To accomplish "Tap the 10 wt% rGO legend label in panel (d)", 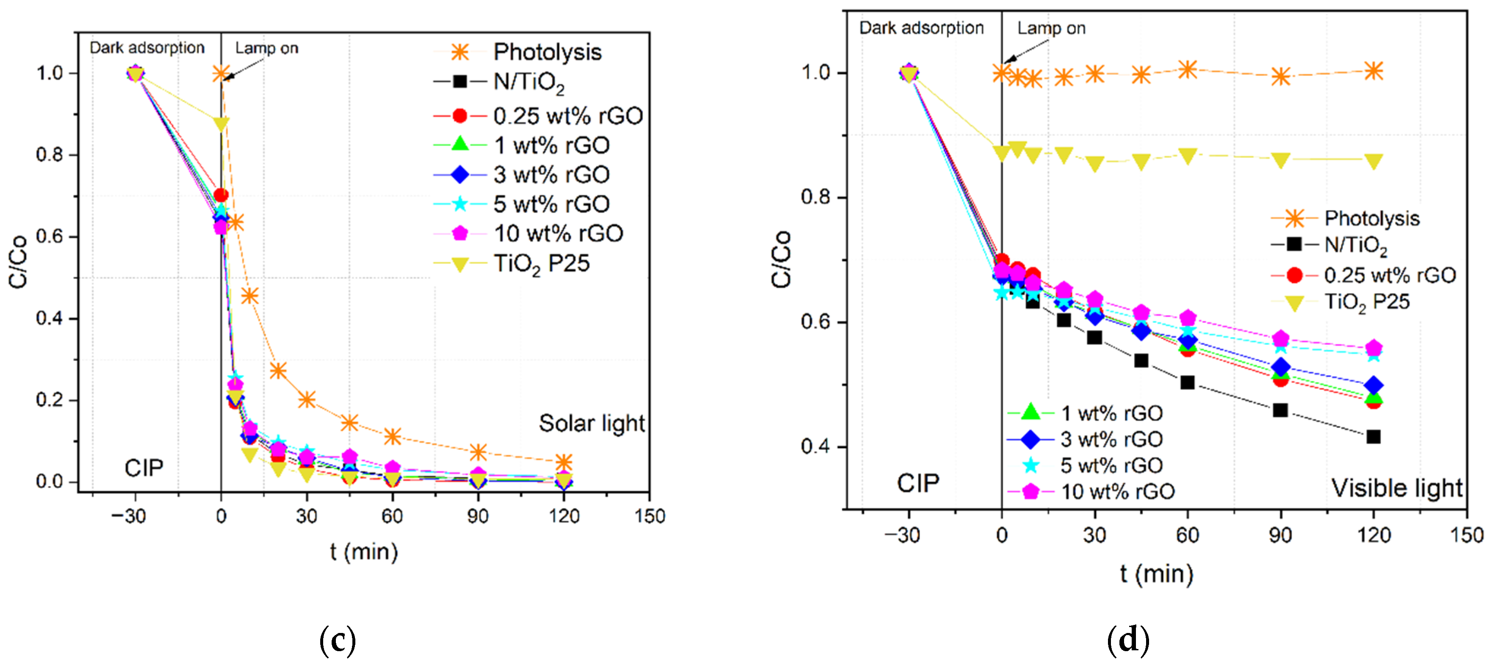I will click(x=1117, y=491).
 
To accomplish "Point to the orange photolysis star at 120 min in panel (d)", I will click(x=1373, y=71).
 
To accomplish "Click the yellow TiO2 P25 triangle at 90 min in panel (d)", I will click(x=1281, y=161).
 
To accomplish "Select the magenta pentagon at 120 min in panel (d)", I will click(x=1373, y=348).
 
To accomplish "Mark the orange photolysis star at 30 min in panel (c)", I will click(x=307, y=399).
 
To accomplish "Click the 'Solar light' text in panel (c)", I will click(x=591, y=424).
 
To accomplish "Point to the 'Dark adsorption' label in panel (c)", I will click(x=147, y=48).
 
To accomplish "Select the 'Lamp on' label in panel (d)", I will click(x=1051, y=28).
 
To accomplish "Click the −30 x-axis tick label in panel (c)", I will click(x=128, y=516).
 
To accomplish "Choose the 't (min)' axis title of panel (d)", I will click(x=1156, y=574).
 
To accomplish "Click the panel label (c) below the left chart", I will click(x=337, y=640).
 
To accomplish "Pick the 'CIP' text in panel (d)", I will click(x=918, y=483).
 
